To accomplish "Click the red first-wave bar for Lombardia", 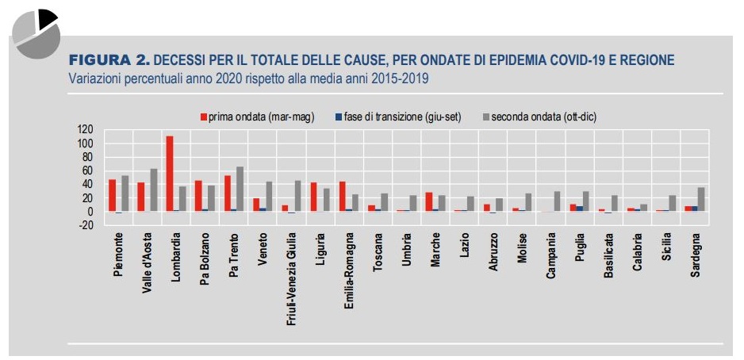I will tap(170, 174).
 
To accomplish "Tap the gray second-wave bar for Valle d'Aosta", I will tap(153, 190).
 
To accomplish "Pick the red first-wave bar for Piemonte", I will tap(112, 195).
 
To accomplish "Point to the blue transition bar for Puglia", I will tap(580, 209).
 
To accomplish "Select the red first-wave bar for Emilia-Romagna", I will tap(342, 196).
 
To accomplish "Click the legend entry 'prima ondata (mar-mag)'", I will tap(256, 117).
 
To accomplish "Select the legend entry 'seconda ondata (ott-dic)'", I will tap(539, 117).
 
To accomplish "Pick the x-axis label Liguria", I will tap(320, 250).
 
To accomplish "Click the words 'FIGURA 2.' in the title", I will tap(109, 60).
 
